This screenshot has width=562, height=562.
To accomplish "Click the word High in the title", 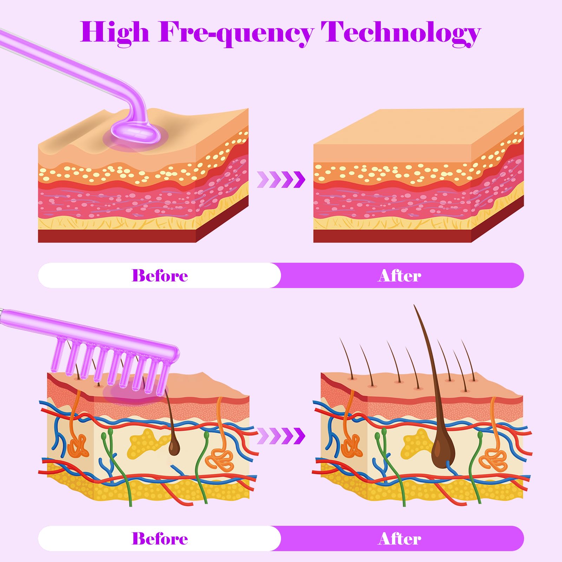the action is point(115,32).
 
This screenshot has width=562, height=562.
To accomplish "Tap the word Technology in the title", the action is point(400,32).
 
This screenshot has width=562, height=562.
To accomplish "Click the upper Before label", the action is point(160,275).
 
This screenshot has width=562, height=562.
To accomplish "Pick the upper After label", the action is point(400,275).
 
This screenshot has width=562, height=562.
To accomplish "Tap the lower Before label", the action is point(160,538).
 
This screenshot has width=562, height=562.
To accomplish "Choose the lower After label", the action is point(400,538).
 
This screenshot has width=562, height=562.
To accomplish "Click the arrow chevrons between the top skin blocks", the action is point(281,179).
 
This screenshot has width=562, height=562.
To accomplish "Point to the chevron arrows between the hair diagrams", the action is point(281,436).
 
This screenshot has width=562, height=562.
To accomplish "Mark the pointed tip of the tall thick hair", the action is point(414,305).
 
